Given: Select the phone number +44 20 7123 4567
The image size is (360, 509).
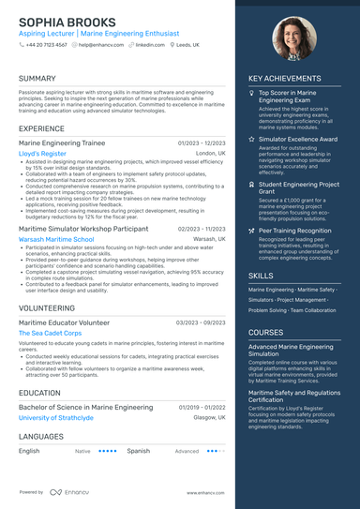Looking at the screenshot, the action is coord(47,44).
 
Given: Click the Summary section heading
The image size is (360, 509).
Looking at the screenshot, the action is coord(37,79).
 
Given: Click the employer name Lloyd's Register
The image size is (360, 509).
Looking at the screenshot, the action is coord(42,153).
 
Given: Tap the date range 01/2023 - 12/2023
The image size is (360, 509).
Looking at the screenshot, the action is coord(202,142).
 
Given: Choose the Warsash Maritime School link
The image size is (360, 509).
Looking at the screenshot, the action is coord(56,239).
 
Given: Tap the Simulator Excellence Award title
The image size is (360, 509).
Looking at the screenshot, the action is coord(297,139).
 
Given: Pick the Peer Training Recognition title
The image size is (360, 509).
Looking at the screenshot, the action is coord(294,230).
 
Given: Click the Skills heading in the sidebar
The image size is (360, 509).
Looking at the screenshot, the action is coord(261,276).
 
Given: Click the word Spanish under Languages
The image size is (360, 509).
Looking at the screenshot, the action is coord(139,451).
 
